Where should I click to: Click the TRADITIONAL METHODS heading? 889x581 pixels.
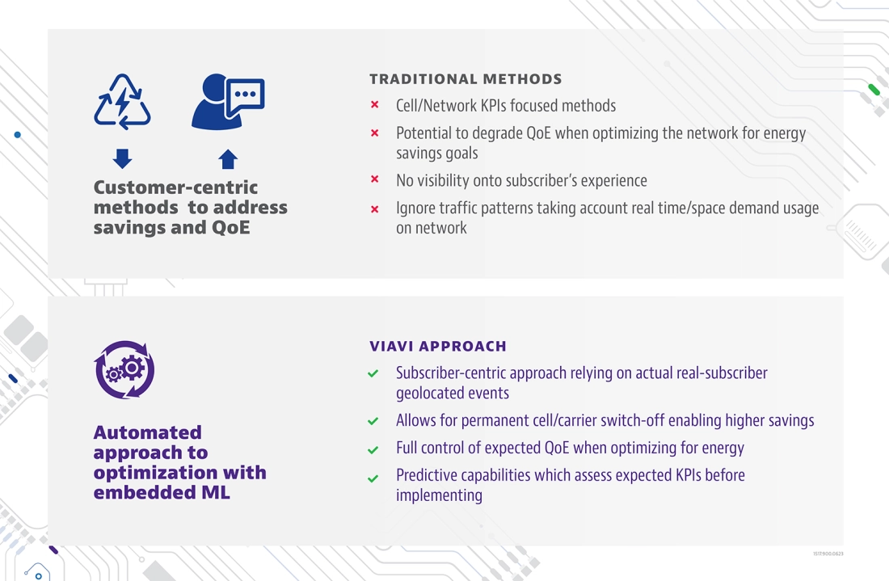point(466,79)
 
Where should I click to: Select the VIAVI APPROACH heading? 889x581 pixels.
point(438,347)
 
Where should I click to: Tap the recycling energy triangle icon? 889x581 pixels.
point(122,102)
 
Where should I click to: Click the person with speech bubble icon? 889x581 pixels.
point(228,102)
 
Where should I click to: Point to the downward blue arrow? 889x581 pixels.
point(123,158)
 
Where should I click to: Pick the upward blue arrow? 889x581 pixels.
point(228,159)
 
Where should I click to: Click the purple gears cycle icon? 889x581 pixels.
point(124,369)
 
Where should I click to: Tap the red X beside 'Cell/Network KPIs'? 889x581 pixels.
point(375,105)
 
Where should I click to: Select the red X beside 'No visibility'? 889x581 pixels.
point(375,179)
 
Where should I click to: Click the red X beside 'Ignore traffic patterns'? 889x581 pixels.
point(375,209)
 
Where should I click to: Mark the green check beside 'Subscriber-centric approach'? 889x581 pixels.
point(373,373)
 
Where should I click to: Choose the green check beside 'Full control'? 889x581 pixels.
point(373,450)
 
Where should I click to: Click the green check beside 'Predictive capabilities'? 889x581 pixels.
point(373,478)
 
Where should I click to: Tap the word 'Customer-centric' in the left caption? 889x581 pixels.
point(175,187)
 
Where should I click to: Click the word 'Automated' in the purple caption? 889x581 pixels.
point(147,432)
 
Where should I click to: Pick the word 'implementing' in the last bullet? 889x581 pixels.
point(440,495)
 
